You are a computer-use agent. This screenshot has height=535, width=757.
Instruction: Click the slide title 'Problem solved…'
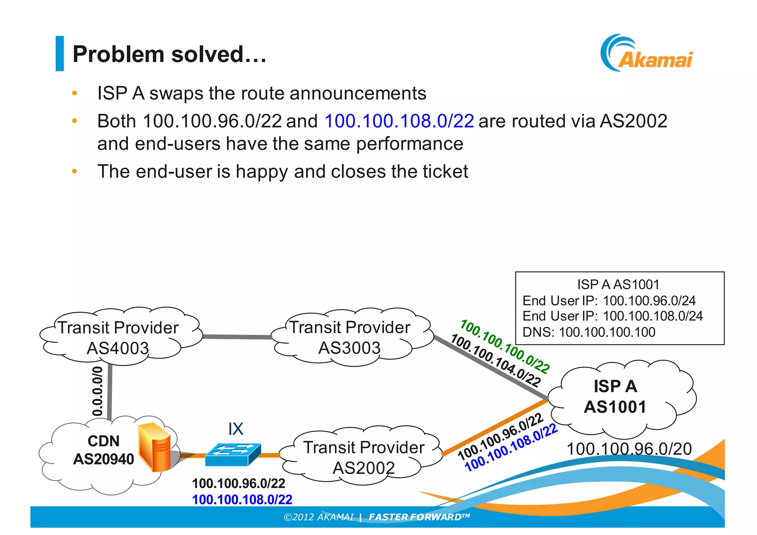coord(169,54)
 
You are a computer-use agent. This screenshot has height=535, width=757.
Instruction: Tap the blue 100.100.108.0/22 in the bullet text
coord(399,121)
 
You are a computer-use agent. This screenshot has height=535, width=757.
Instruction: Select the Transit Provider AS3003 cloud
coord(350,337)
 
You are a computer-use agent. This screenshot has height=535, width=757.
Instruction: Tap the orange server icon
coord(155,447)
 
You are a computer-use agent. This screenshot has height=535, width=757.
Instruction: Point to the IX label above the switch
coord(236,429)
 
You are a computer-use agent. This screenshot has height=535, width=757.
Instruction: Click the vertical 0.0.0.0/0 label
coord(98,391)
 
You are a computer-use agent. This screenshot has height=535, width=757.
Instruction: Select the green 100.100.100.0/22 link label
coord(505,346)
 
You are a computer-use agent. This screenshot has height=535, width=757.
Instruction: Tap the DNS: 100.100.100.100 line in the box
coord(588,332)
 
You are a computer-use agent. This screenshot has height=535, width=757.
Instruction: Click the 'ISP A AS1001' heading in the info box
coord(618,284)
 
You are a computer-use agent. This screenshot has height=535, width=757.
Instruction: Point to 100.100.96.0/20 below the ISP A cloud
coord(629,449)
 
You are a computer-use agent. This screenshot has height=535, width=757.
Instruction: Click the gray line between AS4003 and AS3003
coord(237,337)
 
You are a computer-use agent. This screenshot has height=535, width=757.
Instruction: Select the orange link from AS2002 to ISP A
coord(495,427)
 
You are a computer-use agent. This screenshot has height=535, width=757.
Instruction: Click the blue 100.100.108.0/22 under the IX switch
coord(242,500)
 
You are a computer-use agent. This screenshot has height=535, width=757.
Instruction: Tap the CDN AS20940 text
coord(103,450)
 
